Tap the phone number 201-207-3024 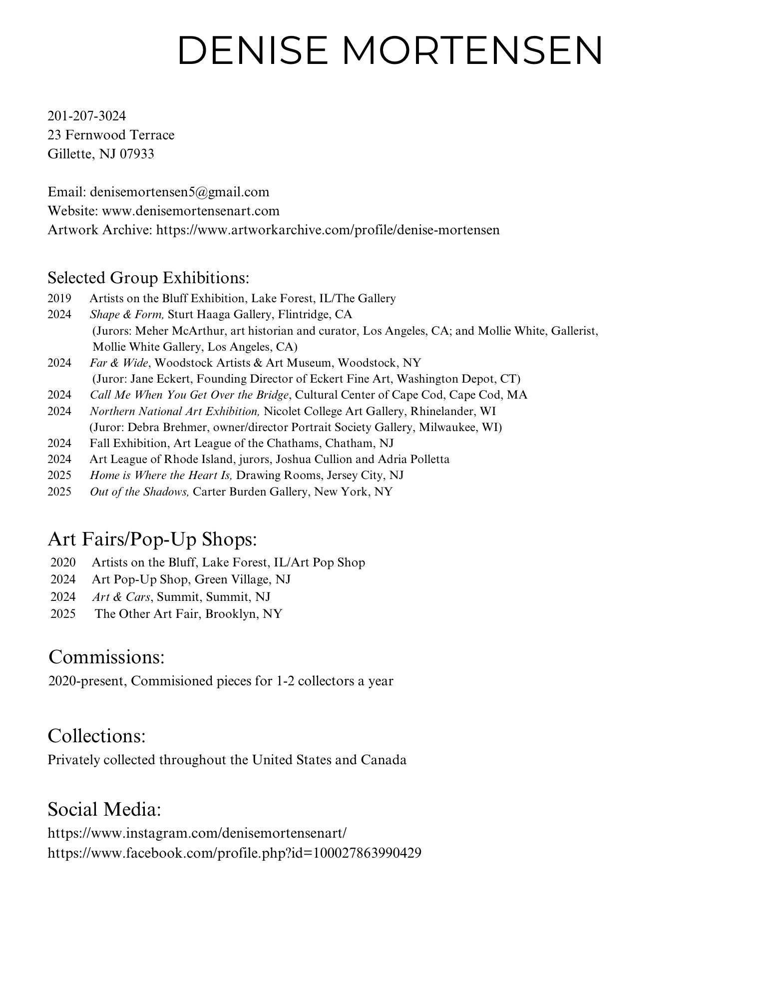(x=87, y=116)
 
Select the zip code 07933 (x=137, y=154)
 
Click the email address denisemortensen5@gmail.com (x=179, y=192)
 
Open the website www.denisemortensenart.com (x=191, y=211)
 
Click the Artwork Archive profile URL (x=328, y=230)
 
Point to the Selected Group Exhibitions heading (x=148, y=277)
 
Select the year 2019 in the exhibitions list (x=59, y=299)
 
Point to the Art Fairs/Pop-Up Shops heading (x=152, y=539)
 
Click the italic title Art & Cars (x=121, y=597)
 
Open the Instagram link (x=197, y=833)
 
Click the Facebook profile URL (x=234, y=853)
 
